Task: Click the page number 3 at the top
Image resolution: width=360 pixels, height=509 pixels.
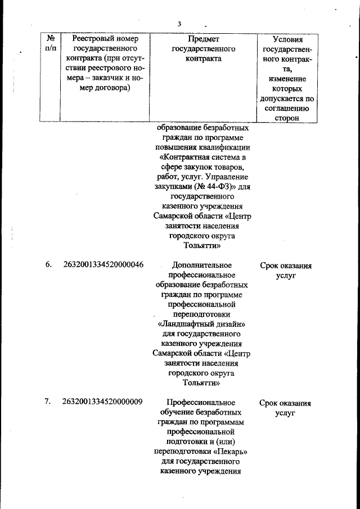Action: [x=179, y=24]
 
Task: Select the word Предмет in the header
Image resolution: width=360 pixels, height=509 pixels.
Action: [x=204, y=39]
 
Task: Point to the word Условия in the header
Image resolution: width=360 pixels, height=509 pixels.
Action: [x=287, y=39]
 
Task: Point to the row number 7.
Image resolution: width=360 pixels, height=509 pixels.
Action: [x=48, y=402]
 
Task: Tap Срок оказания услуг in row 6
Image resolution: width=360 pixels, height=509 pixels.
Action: [x=286, y=271]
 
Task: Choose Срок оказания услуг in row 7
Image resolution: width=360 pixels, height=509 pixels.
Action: [x=286, y=407]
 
